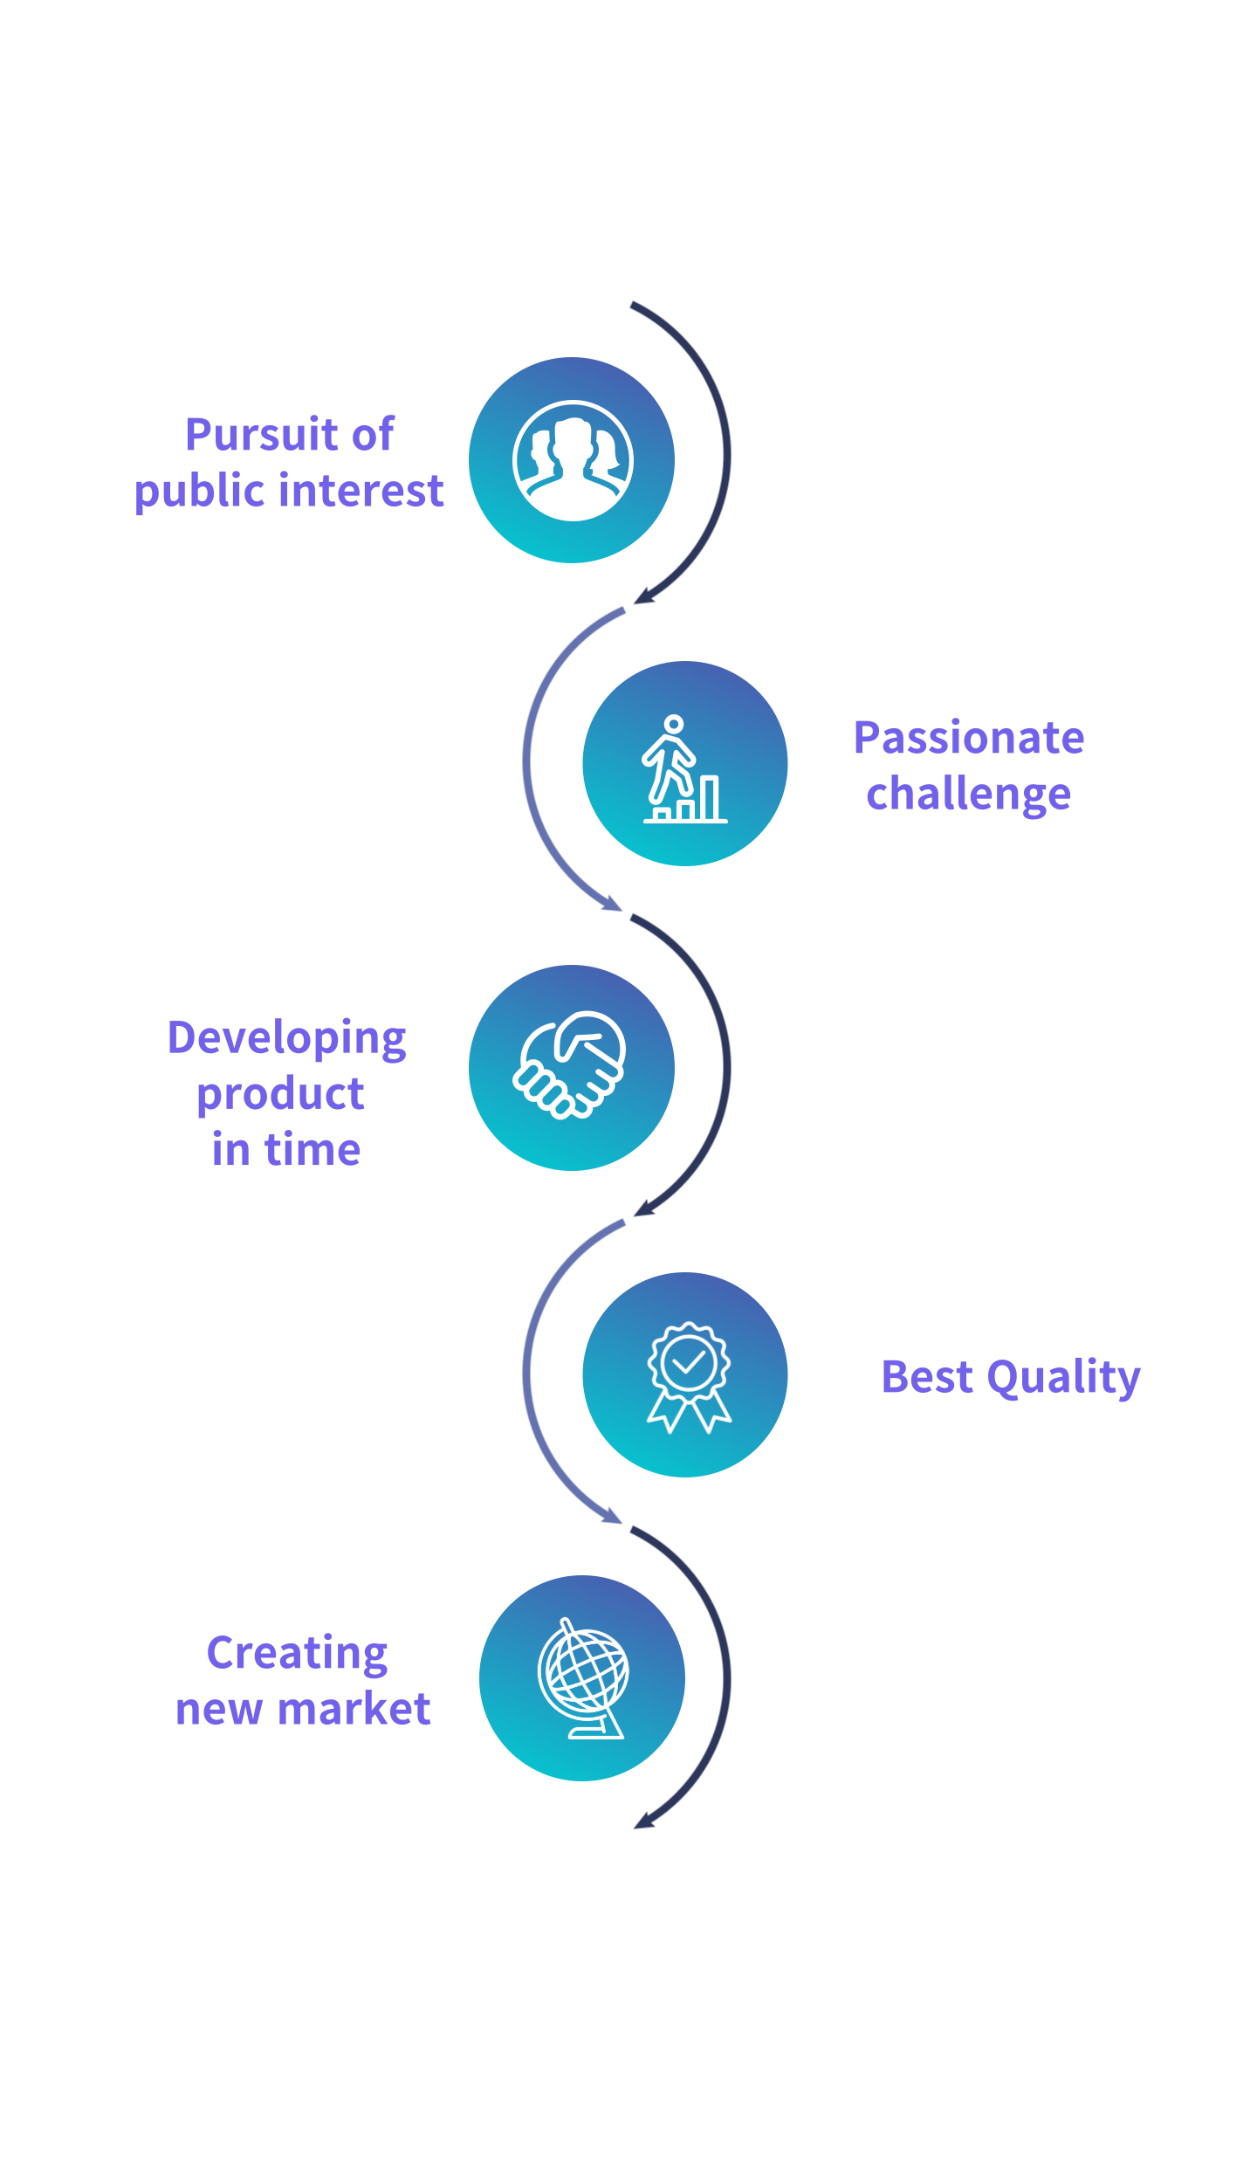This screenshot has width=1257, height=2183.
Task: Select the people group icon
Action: point(573,461)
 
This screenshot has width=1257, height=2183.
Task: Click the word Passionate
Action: point(969,738)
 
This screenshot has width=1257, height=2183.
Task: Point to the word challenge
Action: point(968,795)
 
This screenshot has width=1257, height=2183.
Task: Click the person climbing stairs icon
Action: point(684,768)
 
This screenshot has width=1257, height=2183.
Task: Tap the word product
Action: point(280,1095)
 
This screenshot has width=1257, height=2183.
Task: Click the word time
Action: point(313,1149)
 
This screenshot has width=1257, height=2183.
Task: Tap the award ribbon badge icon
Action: point(689,1377)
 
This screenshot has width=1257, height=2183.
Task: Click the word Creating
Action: point(297,1654)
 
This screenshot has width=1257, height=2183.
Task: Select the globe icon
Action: point(583,1678)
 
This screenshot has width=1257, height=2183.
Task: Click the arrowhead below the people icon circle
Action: point(644,596)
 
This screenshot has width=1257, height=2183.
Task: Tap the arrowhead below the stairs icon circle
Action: point(611,903)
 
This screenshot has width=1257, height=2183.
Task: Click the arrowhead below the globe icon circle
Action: point(644,1820)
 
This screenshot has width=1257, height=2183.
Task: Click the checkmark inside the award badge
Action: point(689,1360)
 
